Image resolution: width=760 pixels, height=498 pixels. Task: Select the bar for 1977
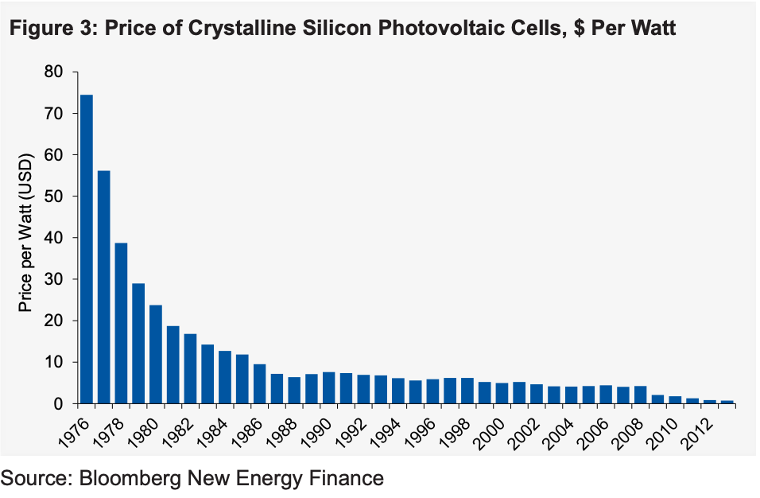tap(104, 287)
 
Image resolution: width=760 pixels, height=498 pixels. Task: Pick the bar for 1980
tap(156, 354)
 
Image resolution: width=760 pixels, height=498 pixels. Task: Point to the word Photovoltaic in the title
tap(425, 30)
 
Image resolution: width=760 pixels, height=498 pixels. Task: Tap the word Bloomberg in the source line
tap(131, 477)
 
